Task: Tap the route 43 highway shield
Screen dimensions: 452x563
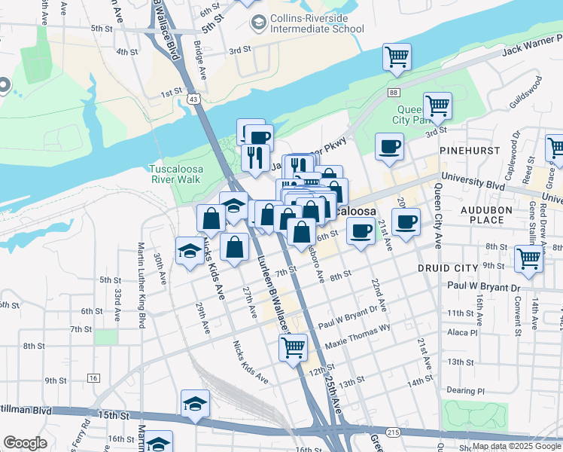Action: click(194, 99)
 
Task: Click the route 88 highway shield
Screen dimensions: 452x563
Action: click(394, 92)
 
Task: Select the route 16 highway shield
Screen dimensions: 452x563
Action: click(93, 377)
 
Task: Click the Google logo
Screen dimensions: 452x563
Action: click(25, 443)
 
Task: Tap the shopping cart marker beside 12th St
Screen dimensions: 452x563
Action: click(293, 347)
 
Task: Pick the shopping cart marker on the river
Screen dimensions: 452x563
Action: click(397, 56)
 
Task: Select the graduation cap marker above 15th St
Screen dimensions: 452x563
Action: click(195, 403)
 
